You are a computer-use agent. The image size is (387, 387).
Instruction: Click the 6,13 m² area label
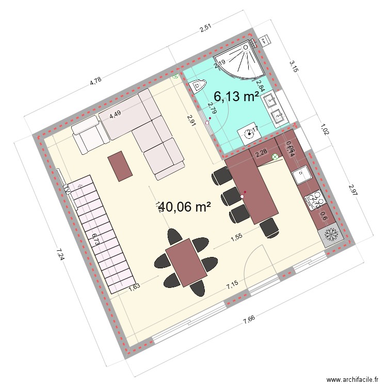pyautogui.click(x=236, y=96)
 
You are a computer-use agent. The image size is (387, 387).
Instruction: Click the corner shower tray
pyautogui.click(x=240, y=62)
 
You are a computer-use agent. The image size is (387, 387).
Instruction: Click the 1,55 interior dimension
pyautogui.click(x=236, y=238)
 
